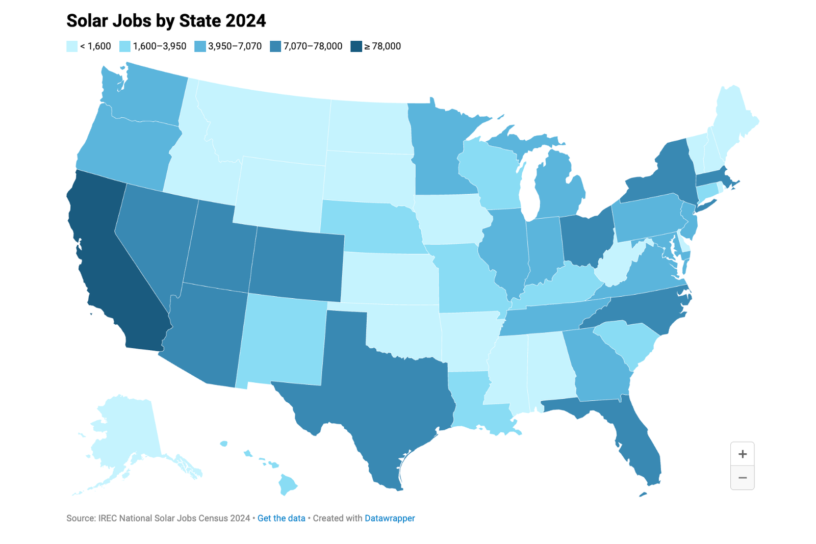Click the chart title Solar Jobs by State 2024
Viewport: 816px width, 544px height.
click(x=166, y=21)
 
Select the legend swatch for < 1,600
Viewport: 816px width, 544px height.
click(x=72, y=46)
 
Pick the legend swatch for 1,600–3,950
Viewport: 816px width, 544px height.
click(x=125, y=46)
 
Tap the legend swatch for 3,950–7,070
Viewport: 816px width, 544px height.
click(x=200, y=46)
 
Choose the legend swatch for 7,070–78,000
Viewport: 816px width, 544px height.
click(x=275, y=46)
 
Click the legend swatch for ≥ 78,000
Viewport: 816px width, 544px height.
click(x=356, y=46)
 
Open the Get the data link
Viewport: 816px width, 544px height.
click(x=281, y=518)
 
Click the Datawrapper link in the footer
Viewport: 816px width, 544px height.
click(x=390, y=518)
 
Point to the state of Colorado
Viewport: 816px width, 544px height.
click(x=298, y=265)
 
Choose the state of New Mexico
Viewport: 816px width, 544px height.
click(x=283, y=339)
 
